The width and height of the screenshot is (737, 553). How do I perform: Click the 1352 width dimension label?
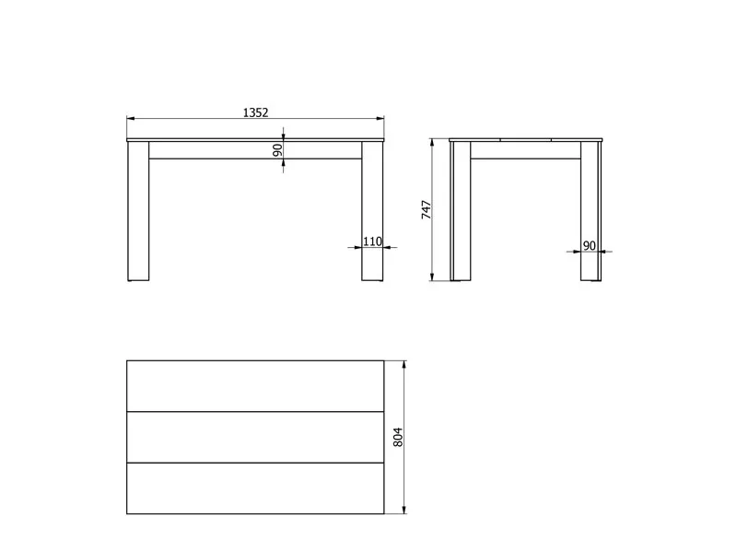coord(255,112)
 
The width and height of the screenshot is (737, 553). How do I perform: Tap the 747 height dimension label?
coord(427,210)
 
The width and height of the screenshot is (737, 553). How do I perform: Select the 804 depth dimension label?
coord(398,437)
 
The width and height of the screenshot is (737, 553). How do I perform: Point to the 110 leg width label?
coord(372,241)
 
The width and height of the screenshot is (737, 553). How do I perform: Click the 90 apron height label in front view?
coord(278,150)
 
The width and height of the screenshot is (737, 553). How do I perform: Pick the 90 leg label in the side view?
coord(589,245)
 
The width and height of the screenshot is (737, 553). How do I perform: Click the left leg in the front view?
coord(138,211)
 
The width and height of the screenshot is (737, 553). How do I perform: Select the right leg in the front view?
coord(372,211)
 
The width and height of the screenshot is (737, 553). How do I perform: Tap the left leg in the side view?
coord(461,211)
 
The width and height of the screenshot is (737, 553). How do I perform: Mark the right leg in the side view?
coord(591,211)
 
